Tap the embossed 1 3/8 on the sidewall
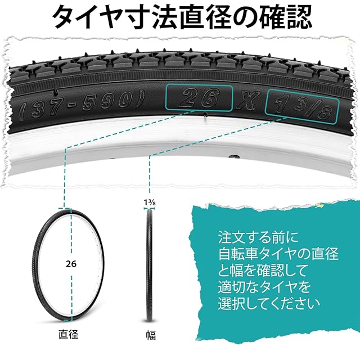[302, 105]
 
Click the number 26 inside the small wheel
[71, 263]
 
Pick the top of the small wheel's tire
[71, 209]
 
